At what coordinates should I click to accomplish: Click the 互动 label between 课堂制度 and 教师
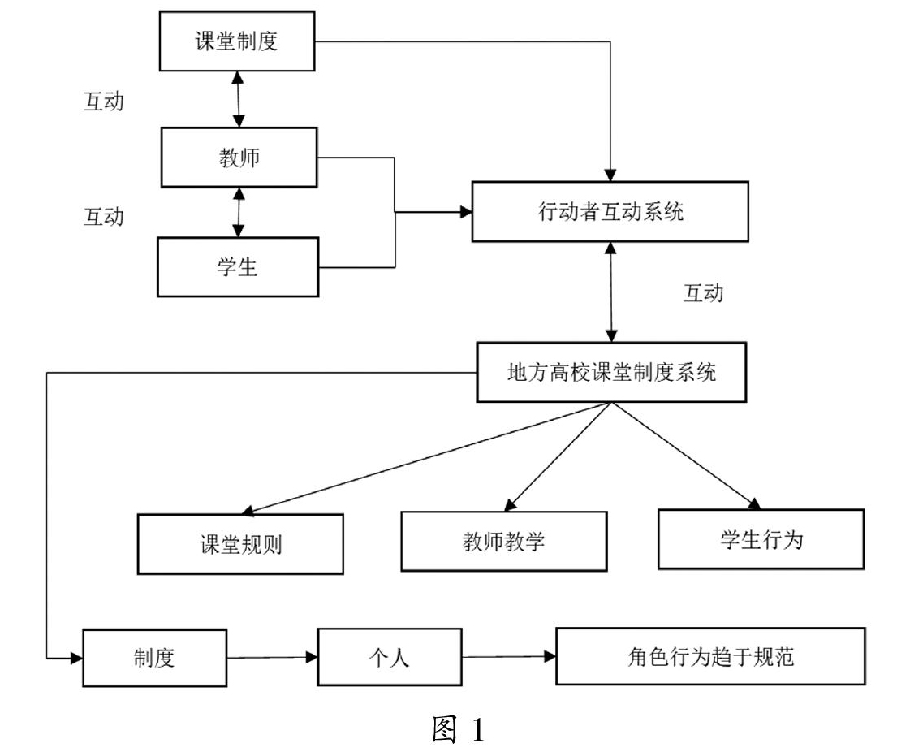tap(104, 102)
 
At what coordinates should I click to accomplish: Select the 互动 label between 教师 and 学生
tap(104, 217)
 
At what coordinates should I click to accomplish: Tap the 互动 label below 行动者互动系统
tap(704, 293)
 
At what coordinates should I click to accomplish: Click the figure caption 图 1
tap(458, 729)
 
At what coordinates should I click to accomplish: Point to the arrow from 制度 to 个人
tap(272, 658)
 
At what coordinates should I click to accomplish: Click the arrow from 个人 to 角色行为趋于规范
tap(509, 657)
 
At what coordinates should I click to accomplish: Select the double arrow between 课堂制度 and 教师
tap(238, 100)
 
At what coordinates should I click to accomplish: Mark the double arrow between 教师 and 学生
tap(239, 212)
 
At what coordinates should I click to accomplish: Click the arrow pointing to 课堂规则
tap(426, 457)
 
